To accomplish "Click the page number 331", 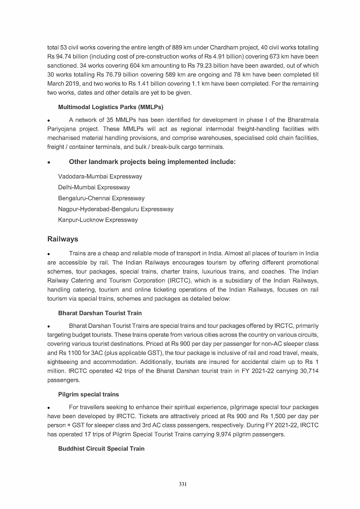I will coord(183,484).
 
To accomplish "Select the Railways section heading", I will coord(63,239).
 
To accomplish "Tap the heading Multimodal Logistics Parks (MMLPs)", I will coord(111,107).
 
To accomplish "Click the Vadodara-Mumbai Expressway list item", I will coord(100,176).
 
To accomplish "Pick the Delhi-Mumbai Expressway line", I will coord(94,188).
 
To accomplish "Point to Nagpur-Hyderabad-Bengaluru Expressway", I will coord(116,209).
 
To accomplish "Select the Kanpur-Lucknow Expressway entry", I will coord(98,220).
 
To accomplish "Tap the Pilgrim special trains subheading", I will coord(88,395).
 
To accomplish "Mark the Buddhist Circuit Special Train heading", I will coord(101,448).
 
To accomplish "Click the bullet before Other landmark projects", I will coord(49,162).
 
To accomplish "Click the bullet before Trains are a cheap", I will coord(49,254).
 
